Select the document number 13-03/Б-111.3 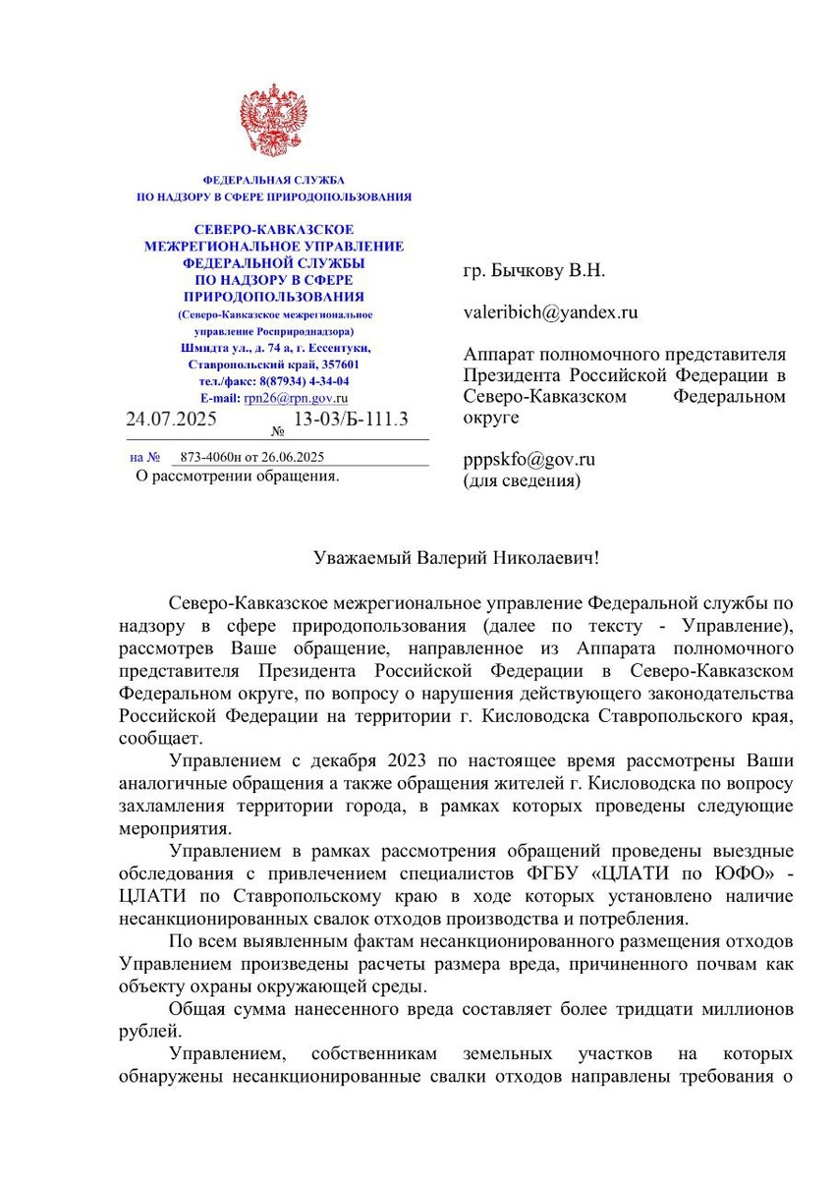pyautogui.click(x=351, y=420)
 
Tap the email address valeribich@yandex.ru pyautogui.click(x=550, y=312)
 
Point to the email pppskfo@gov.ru pyautogui.click(x=529, y=460)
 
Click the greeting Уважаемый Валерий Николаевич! pyautogui.click(x=455, y=557)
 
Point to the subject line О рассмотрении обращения pyautogui.click(x=237, y=477)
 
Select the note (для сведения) pyautogui.click(x=522, y=480)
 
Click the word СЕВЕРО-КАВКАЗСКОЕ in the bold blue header pyautogui.click(x=273, y=230)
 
